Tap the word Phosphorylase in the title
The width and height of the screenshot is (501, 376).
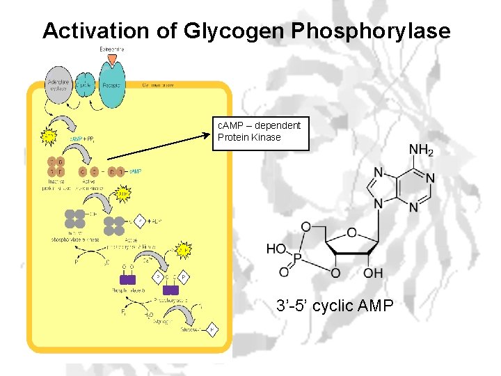click(x=372, y=31)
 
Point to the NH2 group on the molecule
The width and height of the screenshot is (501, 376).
click(x=421, y=150)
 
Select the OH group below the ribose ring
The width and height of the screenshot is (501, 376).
click(x=373, y=273)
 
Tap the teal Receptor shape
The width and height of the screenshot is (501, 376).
click(x=112, y=85)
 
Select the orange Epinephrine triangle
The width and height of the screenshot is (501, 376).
click(x=112, y=60)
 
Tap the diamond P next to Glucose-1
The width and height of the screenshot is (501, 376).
click(x=213, y=329)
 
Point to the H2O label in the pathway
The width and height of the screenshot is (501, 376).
click(x=149, y=315)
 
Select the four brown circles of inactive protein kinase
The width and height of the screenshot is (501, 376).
click(x=57, y=167)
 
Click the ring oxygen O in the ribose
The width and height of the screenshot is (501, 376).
click(x=351, y=233)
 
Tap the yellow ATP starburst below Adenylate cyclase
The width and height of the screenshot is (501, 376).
click(x=49, y=136)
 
